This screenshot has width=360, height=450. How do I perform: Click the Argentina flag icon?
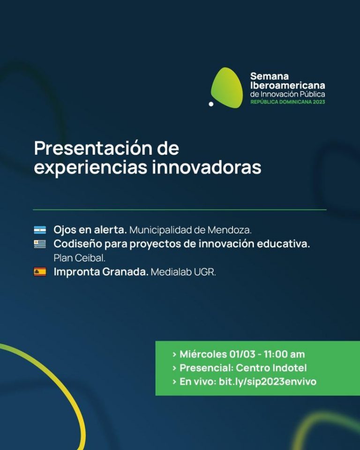pos(40,230)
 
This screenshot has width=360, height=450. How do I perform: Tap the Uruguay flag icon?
pos(40,244)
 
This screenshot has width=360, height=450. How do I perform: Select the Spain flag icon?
pos(40,271)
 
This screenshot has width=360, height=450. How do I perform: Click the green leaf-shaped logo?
pos(227,87)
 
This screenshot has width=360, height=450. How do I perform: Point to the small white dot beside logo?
pos(211,104)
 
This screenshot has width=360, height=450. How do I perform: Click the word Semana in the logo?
pos(270,76)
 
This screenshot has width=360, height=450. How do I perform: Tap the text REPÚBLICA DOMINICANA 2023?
pos(287,102)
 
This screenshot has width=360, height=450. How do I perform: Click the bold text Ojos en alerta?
pos(90,230)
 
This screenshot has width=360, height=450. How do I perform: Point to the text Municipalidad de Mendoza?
pos(190,230)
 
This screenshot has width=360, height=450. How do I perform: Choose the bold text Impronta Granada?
pos(101,271)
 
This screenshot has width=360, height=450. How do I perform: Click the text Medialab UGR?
pos(183,272)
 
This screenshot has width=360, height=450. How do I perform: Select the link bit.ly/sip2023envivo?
pos(268,382)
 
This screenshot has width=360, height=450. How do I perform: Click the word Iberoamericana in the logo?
pos(287,85)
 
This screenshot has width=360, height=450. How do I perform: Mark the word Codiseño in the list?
pos(77,244)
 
